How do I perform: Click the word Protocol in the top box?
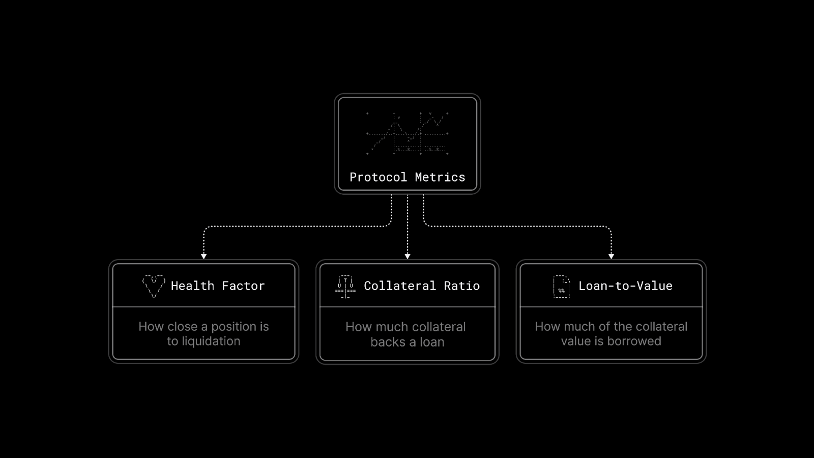pos(378,177)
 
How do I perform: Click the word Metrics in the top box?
pos(440,177)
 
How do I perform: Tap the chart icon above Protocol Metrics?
pos(407,133)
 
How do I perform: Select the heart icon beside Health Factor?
pos(154,286)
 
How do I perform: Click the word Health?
pos(192,286)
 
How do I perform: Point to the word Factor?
pos(243,286)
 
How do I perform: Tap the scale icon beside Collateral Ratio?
pos(345,287)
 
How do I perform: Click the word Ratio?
pos(461,286)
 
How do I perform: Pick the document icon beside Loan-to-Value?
pos(561,287)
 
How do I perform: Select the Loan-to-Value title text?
pos(625,286)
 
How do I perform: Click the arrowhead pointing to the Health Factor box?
pos(203,256)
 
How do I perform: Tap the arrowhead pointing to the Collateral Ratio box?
pos(408,256)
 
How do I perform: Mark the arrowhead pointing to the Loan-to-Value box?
pos(611,256)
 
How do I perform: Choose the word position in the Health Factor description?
pos(232,326)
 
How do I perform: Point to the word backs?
pos(388,342)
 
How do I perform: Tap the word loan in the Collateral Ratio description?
pos(432,342)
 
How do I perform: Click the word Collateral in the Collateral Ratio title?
pos(400,286)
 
